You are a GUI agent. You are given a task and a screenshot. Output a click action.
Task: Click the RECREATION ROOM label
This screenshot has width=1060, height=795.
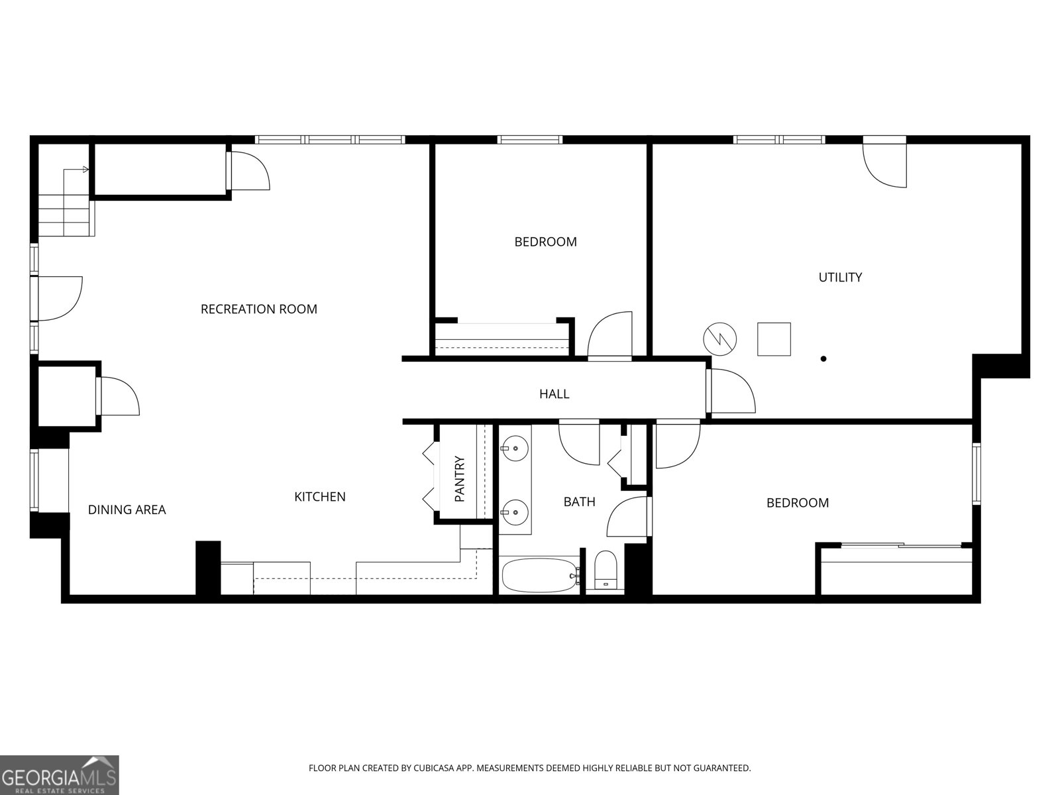click(x=258, y=309)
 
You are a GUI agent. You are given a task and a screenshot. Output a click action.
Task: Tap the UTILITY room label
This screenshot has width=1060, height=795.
click(x=840, y=277)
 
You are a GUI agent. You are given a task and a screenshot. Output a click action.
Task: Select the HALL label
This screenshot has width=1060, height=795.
click(x=554, y=394)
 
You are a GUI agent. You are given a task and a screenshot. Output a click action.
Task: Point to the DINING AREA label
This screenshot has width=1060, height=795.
click(x=127, y=509)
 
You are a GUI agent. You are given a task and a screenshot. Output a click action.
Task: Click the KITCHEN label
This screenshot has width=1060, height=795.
click(x=319, y=496)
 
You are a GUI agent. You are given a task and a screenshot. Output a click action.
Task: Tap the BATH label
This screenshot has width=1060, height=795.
click(x=579, y=502)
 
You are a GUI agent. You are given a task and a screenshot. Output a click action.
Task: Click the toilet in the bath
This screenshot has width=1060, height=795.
click(x=606, y=570)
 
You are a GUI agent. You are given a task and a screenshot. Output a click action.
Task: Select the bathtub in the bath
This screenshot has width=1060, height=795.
click(x=539, y=575)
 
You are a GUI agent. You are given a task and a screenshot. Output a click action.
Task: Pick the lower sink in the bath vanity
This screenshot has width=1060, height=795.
click(x=515, y=511)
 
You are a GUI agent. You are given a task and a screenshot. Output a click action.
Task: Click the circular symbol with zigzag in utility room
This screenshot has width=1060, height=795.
click(x=719, y=339)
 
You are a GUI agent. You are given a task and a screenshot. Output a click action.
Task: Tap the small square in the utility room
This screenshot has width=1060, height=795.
click(x=774, y=339)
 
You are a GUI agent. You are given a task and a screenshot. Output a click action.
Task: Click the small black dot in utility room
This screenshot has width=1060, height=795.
click(x=823, y=358)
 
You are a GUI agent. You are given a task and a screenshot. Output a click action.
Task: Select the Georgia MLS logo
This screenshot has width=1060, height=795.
click(x=60, y=774)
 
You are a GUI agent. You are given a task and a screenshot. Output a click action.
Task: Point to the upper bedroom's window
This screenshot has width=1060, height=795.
click(x=529, y=140)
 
